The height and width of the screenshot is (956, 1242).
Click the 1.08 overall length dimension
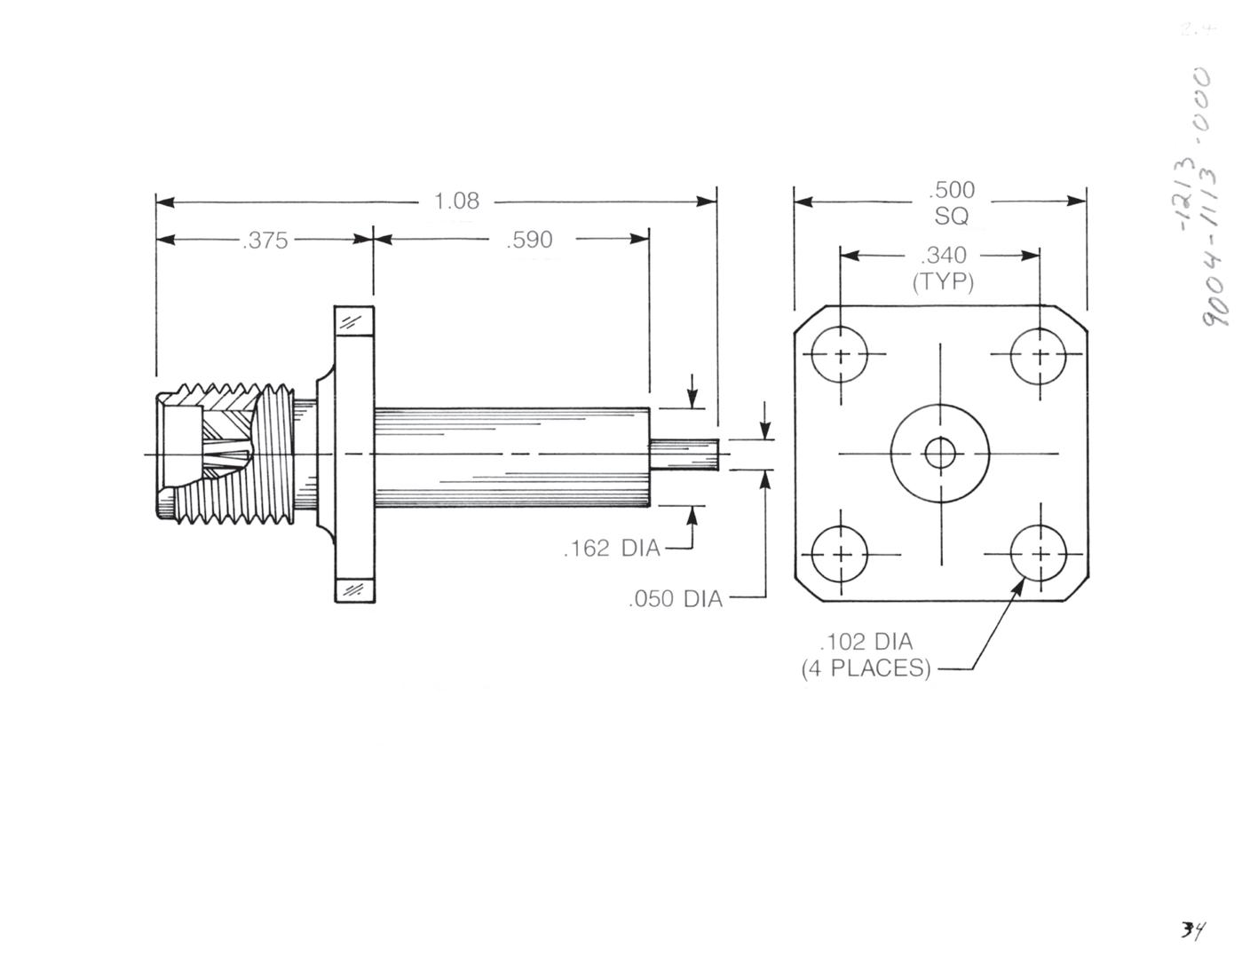456,201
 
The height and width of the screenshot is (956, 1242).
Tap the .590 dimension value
529,240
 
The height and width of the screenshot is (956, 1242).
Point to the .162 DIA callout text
612,549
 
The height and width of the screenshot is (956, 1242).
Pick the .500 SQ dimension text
952,202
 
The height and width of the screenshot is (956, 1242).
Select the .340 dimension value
943,256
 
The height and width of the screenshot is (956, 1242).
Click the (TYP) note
943,282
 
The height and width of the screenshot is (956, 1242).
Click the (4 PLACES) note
866,668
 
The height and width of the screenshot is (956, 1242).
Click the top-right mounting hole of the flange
1040,355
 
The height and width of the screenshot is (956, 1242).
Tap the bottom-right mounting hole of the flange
1040,554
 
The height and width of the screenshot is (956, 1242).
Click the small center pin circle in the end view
940,454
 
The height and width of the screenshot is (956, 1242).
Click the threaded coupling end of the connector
222,453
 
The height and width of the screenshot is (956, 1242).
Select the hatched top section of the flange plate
354,320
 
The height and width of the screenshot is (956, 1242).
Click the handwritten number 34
1191,929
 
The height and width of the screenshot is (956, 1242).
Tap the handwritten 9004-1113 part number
1219,266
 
